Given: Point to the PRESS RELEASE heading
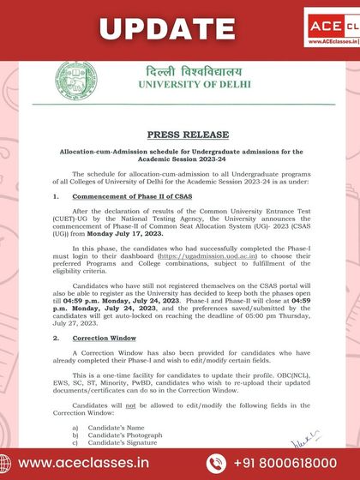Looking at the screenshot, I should pyautogui.click(x=180, y=135).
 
